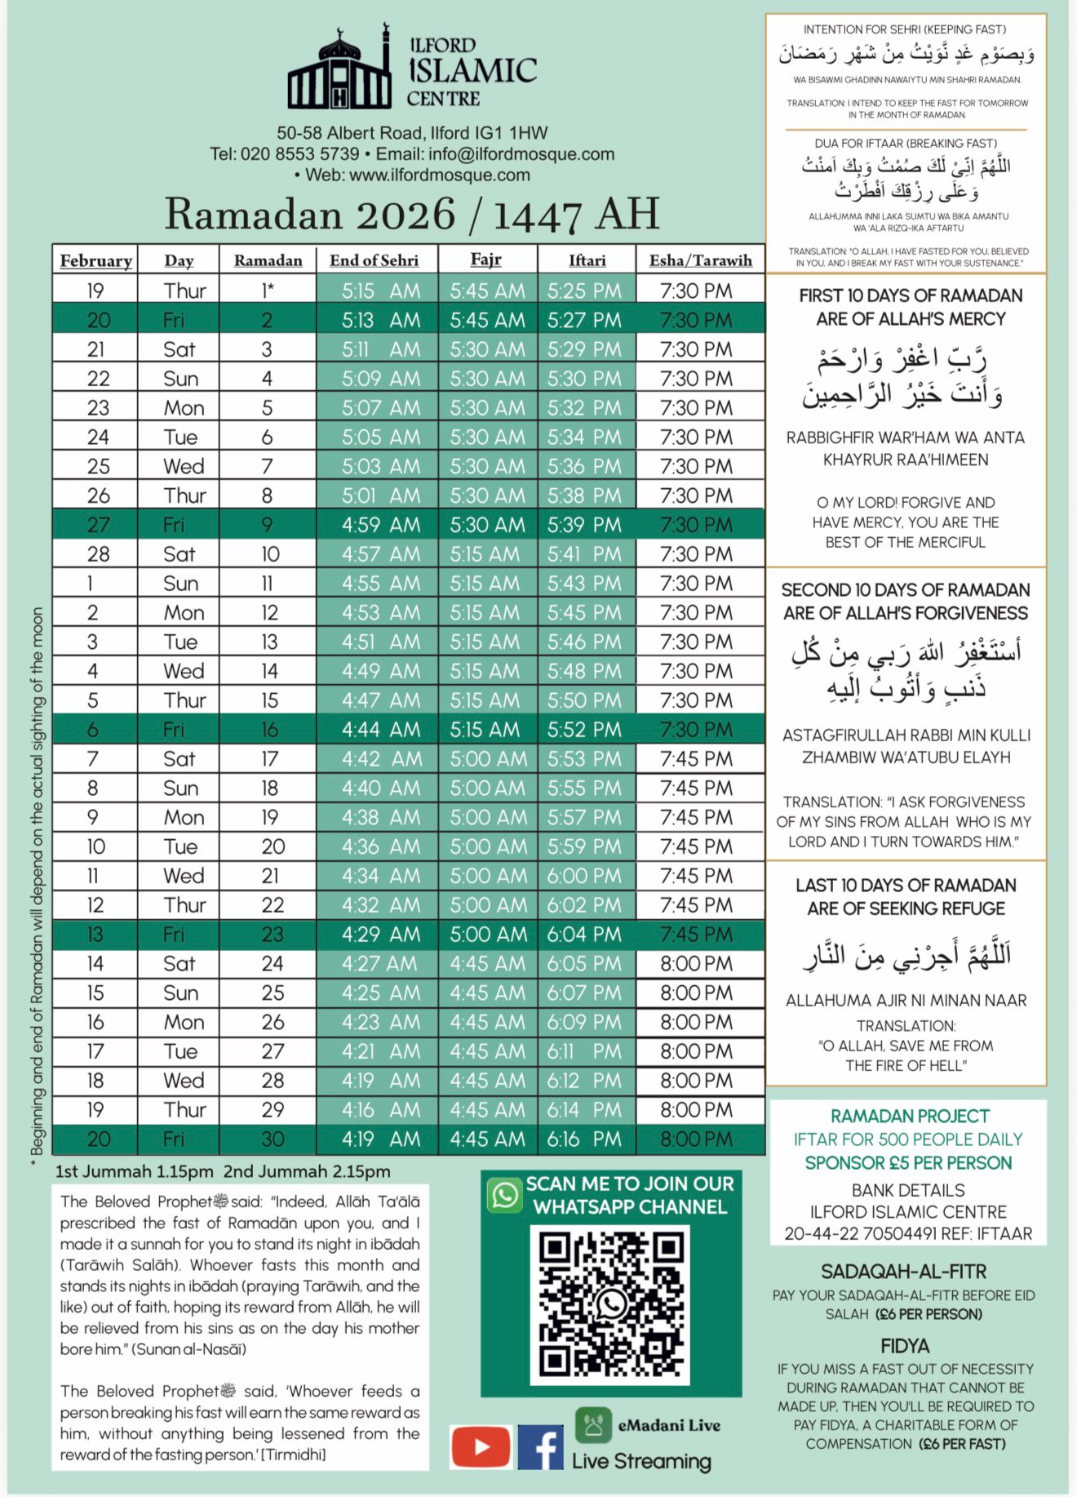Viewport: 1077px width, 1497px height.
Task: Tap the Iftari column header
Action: tap(587, 260)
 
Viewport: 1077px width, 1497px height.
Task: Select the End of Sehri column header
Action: tap(374, 260)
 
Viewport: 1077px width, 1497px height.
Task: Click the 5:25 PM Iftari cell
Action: tap(584, 291)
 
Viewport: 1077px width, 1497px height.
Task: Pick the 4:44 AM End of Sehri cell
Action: tap(380, 729)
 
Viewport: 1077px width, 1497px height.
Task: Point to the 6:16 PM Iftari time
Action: tap(584, 1139)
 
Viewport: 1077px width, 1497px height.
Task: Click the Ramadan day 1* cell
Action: tap(268, 291)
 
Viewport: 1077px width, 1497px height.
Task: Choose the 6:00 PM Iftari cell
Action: tap(584, 875)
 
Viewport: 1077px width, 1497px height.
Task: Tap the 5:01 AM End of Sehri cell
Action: tap(380, 495)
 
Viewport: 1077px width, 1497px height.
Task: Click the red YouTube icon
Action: tap(481, 1447)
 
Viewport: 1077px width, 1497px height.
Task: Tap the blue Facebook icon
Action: tap(540, 1447)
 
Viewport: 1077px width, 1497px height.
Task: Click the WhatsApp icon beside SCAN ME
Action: tap(505, 1195)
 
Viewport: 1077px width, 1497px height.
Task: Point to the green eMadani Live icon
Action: tap(593, 1424)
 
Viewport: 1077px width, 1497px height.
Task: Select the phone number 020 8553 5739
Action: tap(299, 154)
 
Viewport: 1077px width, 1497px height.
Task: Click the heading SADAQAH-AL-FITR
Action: tap(903, 1272)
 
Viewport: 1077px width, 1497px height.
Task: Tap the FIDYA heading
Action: tap(905, 1346)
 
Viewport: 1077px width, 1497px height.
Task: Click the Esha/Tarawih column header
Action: tap(700, 260)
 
